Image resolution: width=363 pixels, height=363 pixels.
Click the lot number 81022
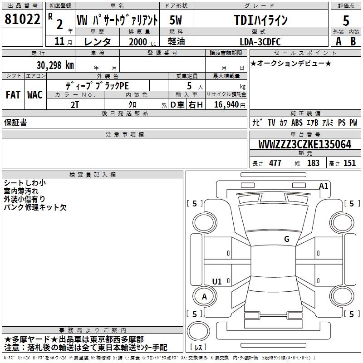22,19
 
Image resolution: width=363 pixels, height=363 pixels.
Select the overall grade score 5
346,20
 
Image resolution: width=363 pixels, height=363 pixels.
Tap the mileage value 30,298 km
55,65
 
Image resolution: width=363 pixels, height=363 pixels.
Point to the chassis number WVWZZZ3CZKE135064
305,144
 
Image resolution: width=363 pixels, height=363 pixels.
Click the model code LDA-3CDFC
260,42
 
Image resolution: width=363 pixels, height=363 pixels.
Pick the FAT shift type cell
13,95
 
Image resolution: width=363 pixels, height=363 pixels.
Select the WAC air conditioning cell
35,95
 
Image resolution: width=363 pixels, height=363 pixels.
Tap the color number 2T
75,105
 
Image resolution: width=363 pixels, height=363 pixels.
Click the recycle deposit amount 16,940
226,105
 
